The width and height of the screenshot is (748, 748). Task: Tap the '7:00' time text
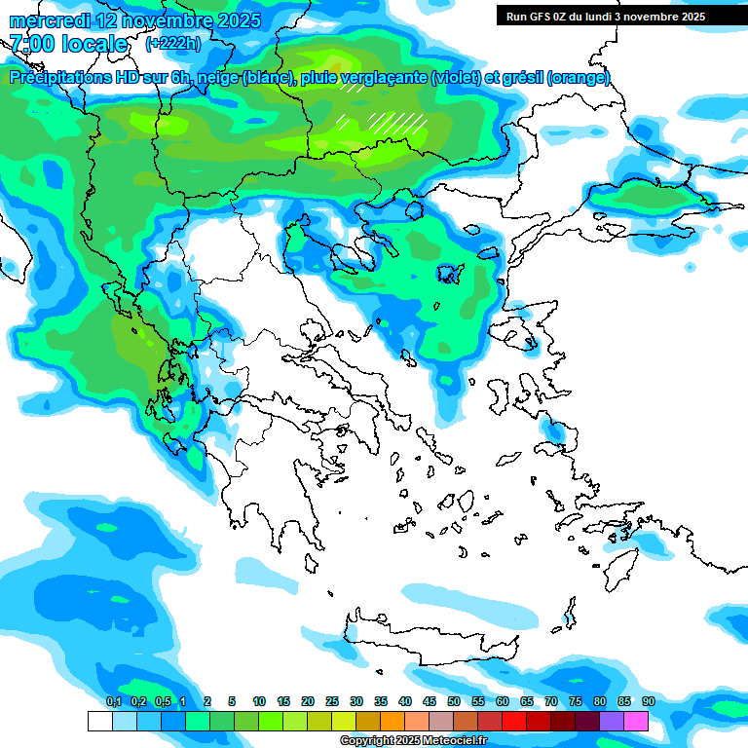click(30, 44)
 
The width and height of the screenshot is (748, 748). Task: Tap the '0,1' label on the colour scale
click(113, 701)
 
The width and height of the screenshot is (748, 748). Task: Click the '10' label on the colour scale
click(259, 701)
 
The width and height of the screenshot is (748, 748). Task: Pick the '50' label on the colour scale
click(454, 701)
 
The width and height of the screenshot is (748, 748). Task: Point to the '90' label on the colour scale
click(648, 701)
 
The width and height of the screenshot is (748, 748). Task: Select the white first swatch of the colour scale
click(99, 721)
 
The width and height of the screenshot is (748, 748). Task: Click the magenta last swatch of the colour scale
click(636, 721)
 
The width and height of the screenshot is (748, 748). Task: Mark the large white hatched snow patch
click(396, 122)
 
